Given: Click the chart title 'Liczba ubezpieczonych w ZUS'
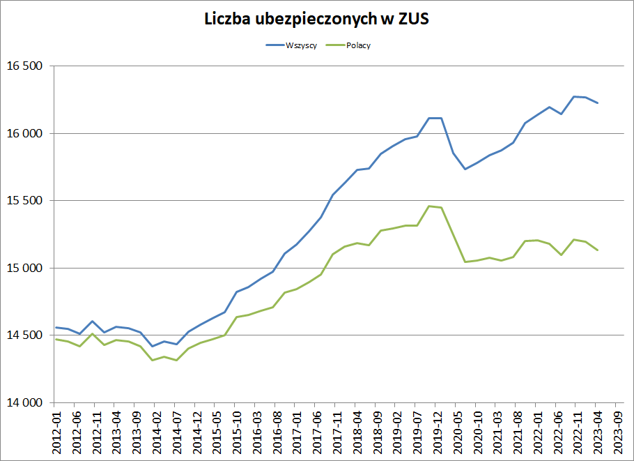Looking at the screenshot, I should click(x=317, y=20).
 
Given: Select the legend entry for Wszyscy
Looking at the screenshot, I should click(x=302, y=45).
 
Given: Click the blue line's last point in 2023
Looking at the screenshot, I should click(x=598, y=103).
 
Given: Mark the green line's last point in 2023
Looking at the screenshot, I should click(x=598, y=250).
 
